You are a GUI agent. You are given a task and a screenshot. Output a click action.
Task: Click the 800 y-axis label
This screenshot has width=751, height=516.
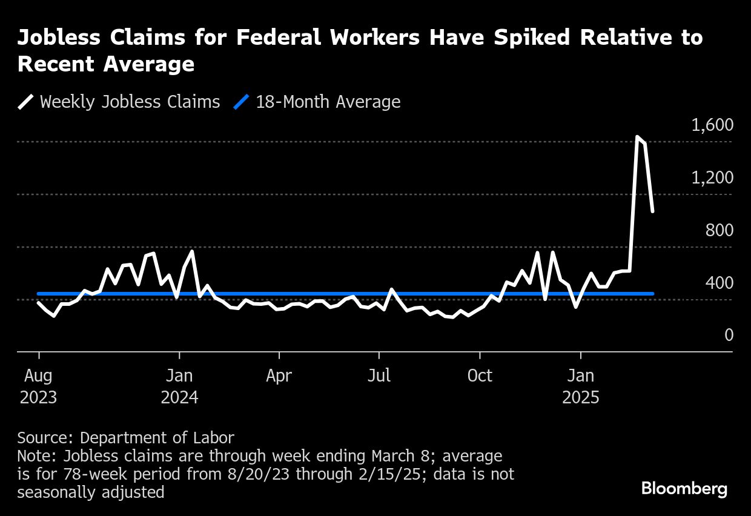coord(719,231)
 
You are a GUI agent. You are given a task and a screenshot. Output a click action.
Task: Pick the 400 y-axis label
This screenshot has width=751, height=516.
coord(719,283)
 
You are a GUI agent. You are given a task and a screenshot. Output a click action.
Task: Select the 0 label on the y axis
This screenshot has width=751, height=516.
coord(729,336)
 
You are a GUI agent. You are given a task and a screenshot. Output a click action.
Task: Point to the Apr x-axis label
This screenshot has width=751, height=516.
coord(279,376)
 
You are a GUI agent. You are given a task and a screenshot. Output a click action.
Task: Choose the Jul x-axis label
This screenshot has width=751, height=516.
coord(379,376)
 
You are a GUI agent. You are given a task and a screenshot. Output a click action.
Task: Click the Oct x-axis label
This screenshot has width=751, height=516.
coord(480,376)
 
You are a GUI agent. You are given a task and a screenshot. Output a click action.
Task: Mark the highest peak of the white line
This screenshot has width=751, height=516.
coord(637,137)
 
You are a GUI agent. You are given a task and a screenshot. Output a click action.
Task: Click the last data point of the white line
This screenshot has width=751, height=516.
coord(652,211)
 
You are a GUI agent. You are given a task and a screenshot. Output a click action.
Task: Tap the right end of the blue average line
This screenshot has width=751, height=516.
coord(652,294)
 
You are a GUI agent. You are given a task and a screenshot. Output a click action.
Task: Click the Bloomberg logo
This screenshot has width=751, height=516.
coord(684,489)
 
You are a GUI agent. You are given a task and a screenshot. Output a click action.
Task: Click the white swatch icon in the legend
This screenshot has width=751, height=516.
coord(26,102)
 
